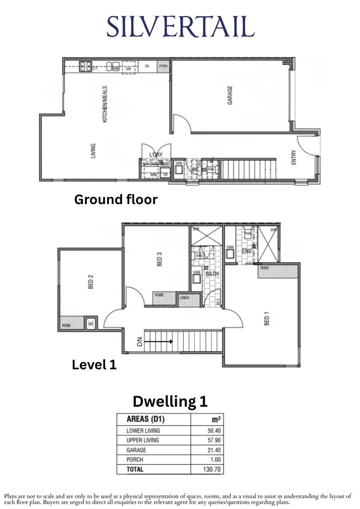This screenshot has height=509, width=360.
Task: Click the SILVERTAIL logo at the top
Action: point(180,27)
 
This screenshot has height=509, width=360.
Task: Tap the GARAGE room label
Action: point(230,96)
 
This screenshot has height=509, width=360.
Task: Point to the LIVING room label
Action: point(93,151)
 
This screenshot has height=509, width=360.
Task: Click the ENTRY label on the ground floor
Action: point(294,158)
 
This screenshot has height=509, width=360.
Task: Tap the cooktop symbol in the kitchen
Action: point(85,67)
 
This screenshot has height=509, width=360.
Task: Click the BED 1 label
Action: point(267,319)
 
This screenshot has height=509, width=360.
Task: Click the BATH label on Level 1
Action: point(212,274)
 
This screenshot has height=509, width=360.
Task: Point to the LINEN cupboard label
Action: point(184,298)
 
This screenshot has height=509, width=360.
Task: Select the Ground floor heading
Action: point(116,199)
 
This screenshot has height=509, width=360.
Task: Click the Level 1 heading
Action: point(94,365)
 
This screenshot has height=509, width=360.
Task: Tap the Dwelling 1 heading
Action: point(170,401)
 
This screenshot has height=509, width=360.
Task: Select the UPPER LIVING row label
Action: point(143,440)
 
